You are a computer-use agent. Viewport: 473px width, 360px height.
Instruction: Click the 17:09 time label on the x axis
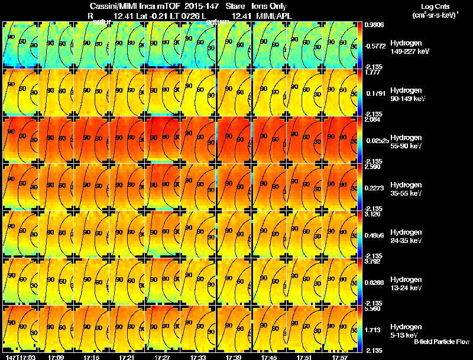coord(57,357)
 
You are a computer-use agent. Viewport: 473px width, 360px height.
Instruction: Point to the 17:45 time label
coord(269,357)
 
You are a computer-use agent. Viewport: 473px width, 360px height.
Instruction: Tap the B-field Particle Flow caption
coord(441,342)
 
